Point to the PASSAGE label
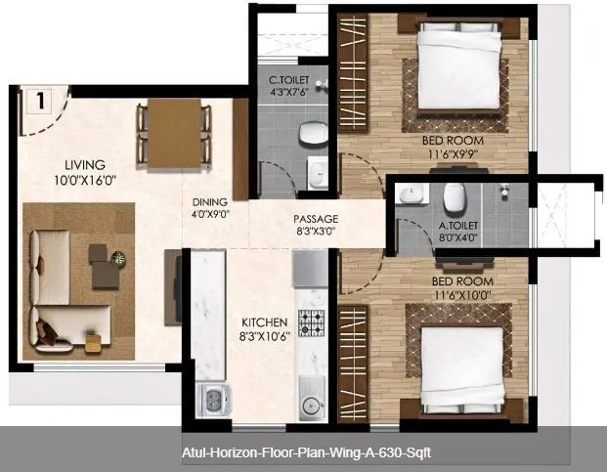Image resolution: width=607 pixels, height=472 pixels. point(315,219)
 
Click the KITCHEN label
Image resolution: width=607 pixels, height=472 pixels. point(265,322)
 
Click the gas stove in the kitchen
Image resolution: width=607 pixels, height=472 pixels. point(311,322)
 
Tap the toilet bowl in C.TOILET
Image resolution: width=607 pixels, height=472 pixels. point(312,132)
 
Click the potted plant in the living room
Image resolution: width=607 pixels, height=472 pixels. point(119,258)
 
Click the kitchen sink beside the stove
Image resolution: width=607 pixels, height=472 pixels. point(311,395)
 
